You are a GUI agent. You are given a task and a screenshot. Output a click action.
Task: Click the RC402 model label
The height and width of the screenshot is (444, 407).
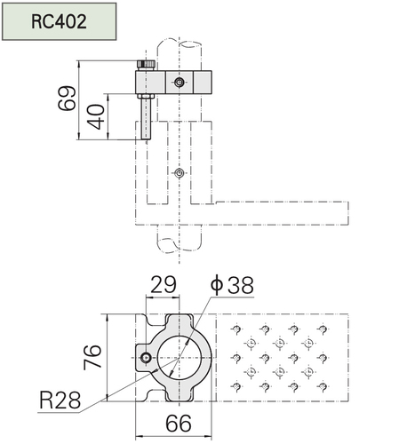(59, 21)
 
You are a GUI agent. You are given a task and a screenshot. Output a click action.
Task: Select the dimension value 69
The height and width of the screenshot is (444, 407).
(67, 99)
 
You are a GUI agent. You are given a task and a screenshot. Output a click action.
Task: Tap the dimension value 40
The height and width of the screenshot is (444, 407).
(97, 116)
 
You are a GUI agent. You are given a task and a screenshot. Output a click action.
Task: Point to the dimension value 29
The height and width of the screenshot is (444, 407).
(164, 284)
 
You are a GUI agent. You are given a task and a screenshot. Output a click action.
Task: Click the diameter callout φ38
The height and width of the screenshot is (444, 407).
(232, 285)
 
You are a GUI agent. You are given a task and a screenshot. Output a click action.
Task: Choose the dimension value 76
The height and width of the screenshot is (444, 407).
(92, 357)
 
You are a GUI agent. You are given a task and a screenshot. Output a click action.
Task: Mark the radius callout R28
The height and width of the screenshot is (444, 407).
(60, 400)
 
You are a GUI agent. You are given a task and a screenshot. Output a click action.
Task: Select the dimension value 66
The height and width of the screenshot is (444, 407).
(179, 424)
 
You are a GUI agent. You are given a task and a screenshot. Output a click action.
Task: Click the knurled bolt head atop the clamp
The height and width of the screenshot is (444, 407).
(146, 65)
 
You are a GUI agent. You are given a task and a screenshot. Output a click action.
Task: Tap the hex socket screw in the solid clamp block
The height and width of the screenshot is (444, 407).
(179, 82)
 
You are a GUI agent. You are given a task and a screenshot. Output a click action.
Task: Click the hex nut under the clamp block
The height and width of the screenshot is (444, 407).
(146, 97)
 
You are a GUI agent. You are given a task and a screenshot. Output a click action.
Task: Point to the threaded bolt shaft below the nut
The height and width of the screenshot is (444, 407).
(146, 119)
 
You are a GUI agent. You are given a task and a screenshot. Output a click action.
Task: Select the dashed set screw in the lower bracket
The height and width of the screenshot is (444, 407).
(179, 173)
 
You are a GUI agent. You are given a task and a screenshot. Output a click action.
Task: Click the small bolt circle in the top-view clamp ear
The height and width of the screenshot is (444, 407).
(146, 358)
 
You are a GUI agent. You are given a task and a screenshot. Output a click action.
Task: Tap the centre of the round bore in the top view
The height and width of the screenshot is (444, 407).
(179, 358)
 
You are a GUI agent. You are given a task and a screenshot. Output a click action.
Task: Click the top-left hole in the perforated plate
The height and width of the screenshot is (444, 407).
(236, 329)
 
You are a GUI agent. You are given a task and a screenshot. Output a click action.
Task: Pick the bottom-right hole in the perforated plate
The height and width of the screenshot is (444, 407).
(323, 386)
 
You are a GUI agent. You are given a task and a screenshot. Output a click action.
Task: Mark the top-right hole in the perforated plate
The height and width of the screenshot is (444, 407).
(323, 329)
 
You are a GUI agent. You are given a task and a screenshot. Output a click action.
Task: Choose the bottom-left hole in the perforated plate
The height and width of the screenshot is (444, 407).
(236, 386)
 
